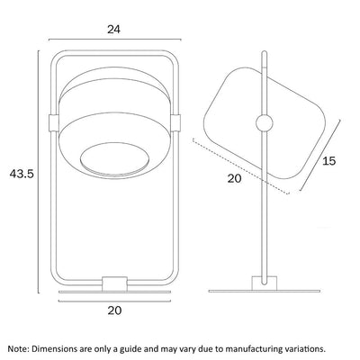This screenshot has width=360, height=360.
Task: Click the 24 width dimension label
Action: pos(113,30)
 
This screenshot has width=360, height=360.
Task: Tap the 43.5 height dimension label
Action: pos(22,174)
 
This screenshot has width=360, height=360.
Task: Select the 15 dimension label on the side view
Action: pos(329,161)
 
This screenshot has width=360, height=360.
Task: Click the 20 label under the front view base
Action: pos(114,310)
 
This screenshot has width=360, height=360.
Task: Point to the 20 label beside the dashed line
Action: pos(234,178)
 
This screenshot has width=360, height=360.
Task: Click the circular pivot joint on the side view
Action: pos(265,123)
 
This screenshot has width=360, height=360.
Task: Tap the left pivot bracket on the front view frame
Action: pos(54,122)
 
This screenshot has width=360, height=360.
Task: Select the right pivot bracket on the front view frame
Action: pos(175,122)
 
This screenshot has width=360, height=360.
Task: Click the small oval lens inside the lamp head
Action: pos(115,158)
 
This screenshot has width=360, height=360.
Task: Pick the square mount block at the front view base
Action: pos(114,283)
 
